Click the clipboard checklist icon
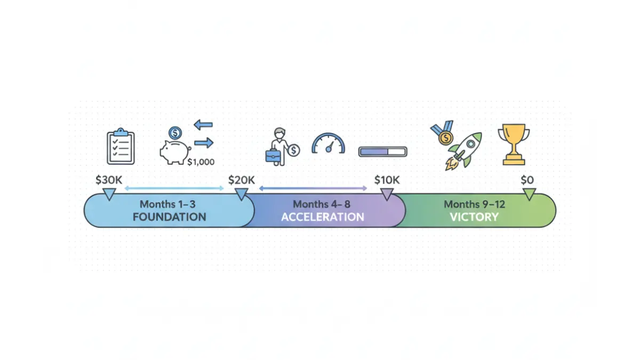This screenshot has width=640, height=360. click(121, 146)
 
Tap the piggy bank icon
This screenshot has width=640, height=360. click(175, 152)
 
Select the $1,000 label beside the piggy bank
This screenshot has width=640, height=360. click(201, 162)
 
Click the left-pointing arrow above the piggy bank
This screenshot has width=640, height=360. click(203, 125)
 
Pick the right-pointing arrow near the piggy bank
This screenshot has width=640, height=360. click(204, 142)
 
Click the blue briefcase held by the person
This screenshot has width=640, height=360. click(273, 156)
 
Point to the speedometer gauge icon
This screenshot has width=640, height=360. click(329, 143)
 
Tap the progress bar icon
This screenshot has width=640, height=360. click(383, 151)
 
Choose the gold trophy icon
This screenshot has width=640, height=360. click(514, 145)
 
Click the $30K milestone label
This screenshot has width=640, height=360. click(109, 180)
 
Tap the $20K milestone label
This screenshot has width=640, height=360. click(242, 180)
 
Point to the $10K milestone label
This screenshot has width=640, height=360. click(387, 180)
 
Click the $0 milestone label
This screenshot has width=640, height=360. click(527, 180)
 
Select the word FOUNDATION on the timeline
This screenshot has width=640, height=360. click(170, 217)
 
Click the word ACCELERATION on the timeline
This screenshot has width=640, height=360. click(323, 217)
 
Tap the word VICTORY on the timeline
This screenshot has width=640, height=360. click(474, 217)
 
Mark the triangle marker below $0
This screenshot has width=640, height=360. click(529, 194)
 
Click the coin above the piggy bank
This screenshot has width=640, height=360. click(175, 133)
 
